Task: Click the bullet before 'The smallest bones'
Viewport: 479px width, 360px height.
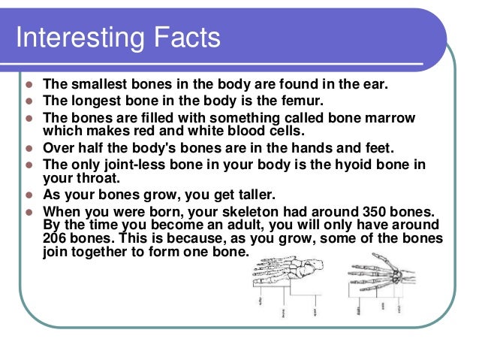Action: pyautogui.click(x=29, y=85)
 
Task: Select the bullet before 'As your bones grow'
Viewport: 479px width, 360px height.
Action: pyautogui.click(x=29, y=195)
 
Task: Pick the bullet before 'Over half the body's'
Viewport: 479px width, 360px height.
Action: pyautogui.click(x=29, y=148)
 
